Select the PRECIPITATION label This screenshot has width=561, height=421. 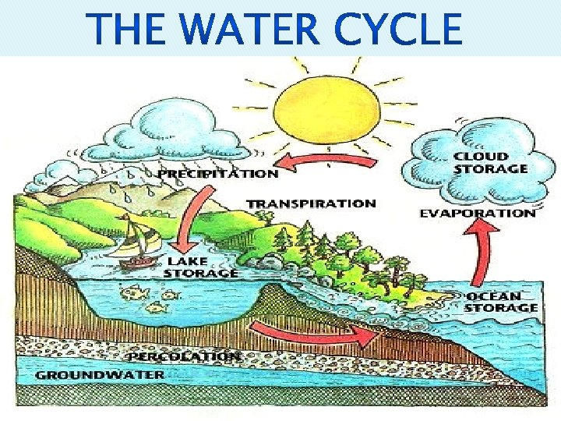click(x=218, y=173)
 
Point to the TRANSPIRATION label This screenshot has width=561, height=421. click(x=311, y=203)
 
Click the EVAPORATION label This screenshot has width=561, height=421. click(x=478, y=212)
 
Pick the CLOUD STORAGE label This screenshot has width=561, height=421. click(x=490, y=162)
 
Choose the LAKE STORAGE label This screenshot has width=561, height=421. click(x=201, y=267)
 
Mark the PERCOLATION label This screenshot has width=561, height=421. click(x=184, y=356)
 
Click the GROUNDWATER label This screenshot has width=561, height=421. click(x=101, y=374)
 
